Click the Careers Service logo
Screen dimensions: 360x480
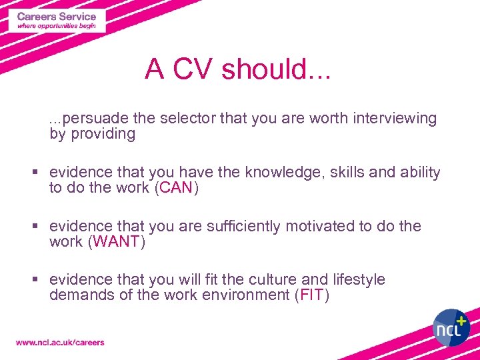click(57, 21)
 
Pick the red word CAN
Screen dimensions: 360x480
click(176, 188)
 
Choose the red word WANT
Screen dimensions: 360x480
click(117, 241)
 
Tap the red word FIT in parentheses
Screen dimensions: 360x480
click(312, 295)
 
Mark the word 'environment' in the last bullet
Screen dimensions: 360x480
click(249, 295)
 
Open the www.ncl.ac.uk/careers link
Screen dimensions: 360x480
click(60, 343)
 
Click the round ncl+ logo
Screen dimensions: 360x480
click(451, 327)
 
